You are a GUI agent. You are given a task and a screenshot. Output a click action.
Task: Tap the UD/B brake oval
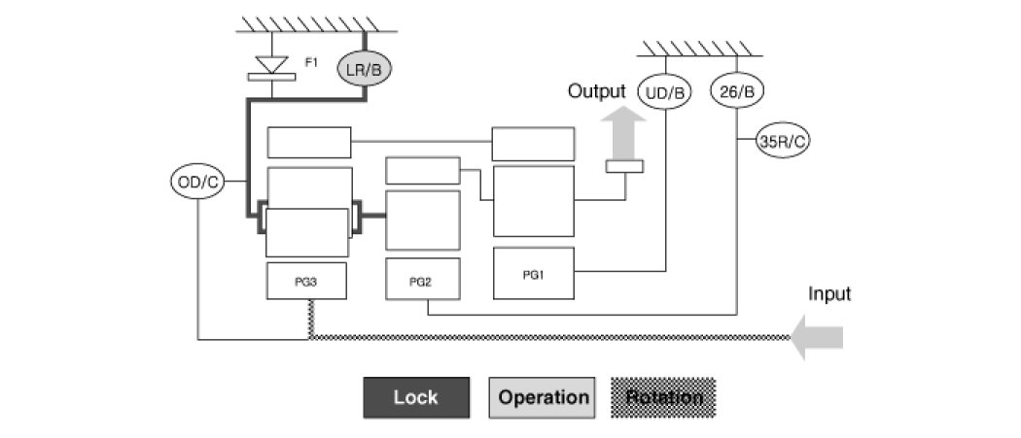(x=665, y=92)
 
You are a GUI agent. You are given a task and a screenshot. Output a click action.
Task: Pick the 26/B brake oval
(x=735, y=92)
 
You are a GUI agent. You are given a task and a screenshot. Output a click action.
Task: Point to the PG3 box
(x=307, y=282)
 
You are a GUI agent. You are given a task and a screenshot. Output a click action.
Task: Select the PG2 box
(x=421, y=281)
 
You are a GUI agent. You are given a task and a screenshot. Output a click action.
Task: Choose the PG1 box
(x=533, y=274)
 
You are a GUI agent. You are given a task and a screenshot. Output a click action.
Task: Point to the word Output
(x=597, y=91)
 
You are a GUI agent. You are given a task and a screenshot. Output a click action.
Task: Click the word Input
(x=829, y=293)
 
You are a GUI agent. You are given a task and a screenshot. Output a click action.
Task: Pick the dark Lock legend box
(x=416, y=397)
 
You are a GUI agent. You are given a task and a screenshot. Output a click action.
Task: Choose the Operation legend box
(x=544, y=397)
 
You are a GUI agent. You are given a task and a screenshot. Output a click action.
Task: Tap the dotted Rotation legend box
(x=663, y=397)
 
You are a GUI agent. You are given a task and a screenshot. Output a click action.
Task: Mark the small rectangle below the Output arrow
(x=624, y=167)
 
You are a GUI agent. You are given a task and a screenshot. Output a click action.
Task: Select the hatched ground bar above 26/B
(x=700, y=49)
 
